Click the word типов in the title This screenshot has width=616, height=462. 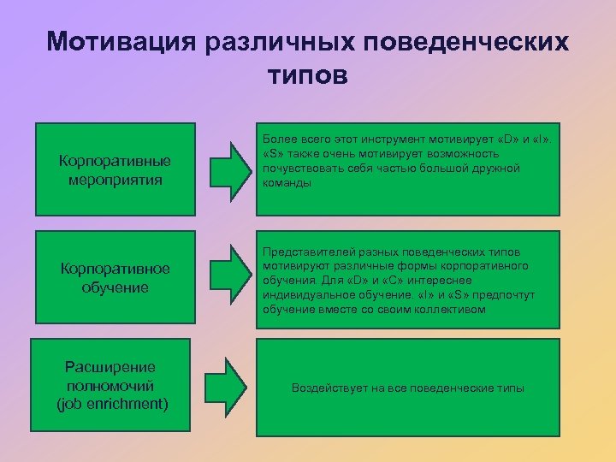pyautogui.click(x=308, y=75)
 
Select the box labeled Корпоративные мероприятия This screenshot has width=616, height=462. pyautogui.click(x=114, y=169)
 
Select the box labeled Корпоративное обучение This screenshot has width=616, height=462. pyautogui.click(x=114, y=278)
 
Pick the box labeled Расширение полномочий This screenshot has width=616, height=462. pyautogui.click(x=114, y=385)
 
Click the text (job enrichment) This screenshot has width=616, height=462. pyautogui.click(x=114, y=404)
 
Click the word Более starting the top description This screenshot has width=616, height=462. pyautogui.click(x=279, y=139)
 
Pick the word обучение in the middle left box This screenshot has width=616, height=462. pyautogui.click(x=114, y=287)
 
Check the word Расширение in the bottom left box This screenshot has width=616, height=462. pyautogui.click(x=114, y=366)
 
